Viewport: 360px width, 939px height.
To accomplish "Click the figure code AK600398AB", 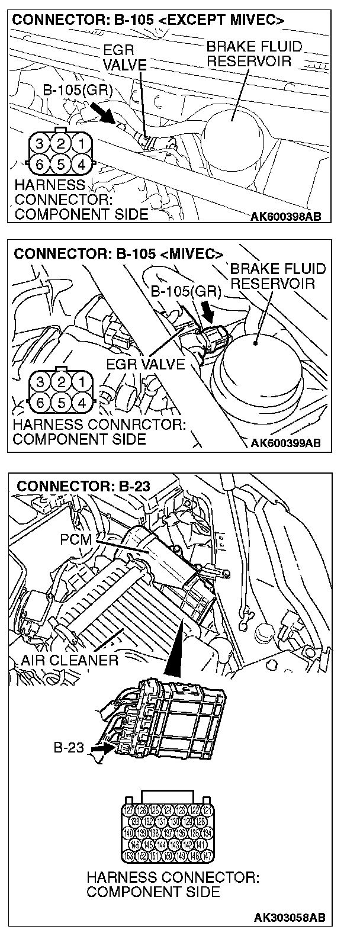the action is point(286,216).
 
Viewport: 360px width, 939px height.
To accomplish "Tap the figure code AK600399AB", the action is point(286,442).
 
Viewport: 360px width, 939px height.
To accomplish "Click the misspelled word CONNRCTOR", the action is point(139,425).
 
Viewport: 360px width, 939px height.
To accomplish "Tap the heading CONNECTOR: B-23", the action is point(83,487).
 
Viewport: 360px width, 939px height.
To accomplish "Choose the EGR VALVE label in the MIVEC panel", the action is point(146,364).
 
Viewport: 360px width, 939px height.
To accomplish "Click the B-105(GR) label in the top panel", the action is point(78,90).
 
